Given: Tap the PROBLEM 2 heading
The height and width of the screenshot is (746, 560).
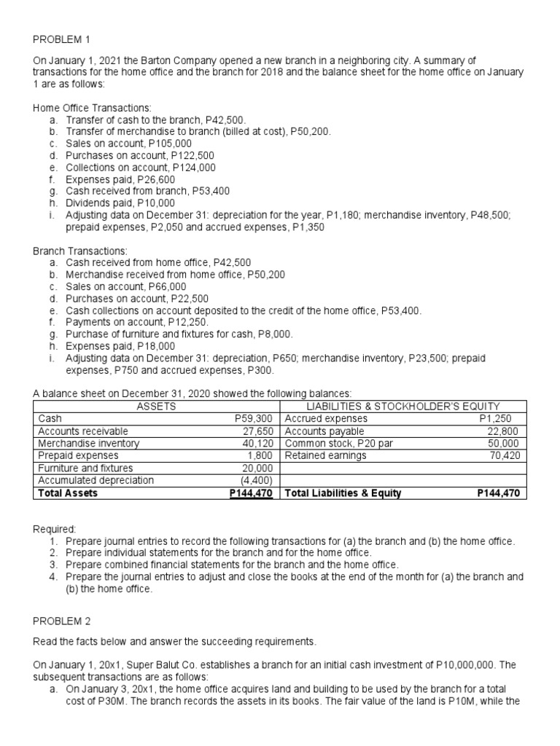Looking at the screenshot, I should [x=62, y=621].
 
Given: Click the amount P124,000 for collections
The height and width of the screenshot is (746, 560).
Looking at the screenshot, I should [x=191, y=167].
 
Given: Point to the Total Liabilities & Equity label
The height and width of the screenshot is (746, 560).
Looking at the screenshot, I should [x=343, y=493].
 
